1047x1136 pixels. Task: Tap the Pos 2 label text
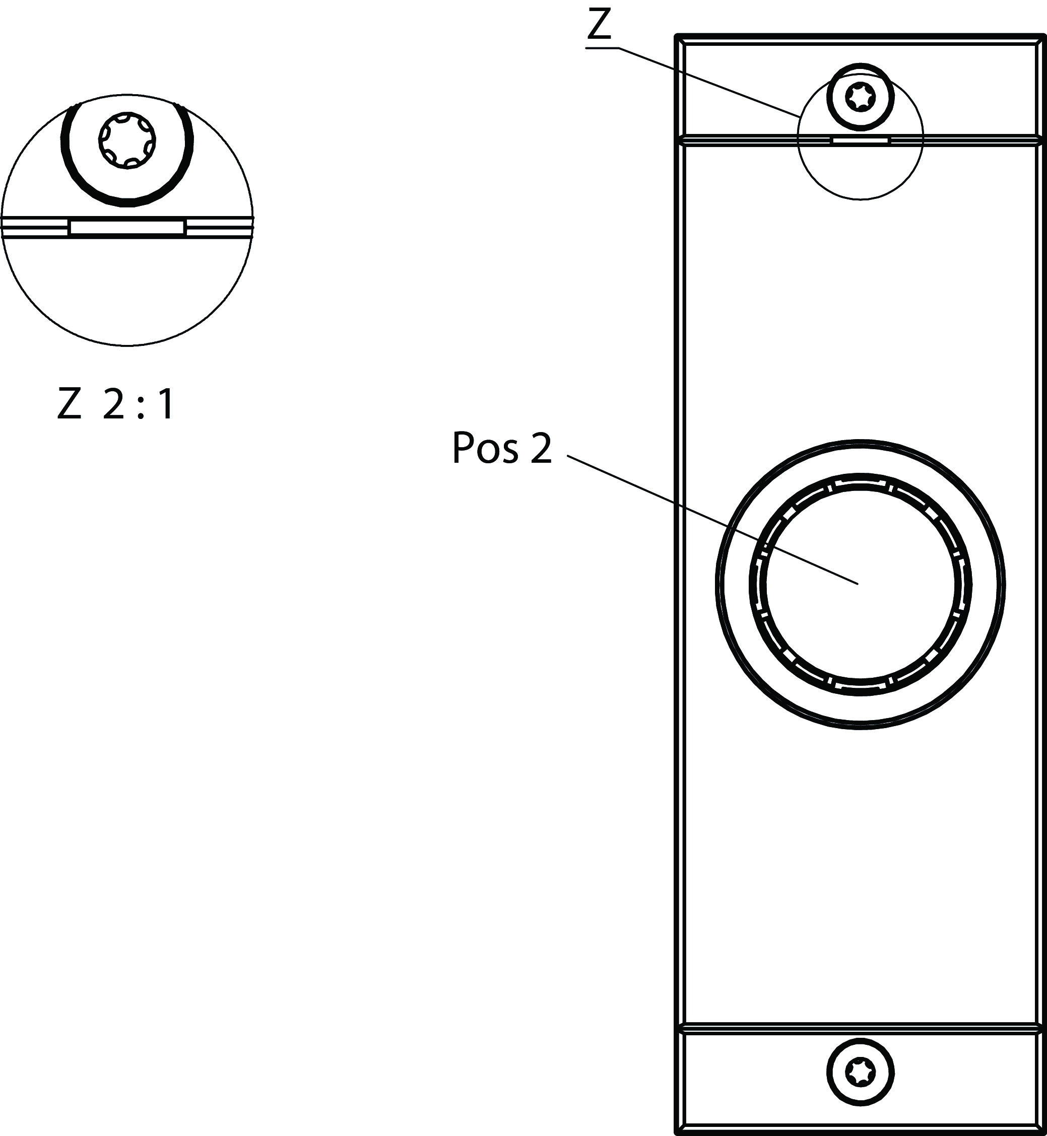tap(502, 449)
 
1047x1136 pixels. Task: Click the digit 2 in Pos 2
tap(541, 449)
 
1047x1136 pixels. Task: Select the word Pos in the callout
tap(485, 449)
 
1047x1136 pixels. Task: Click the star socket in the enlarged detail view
tap(127, 139)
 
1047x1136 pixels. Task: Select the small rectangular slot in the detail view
tap(126, 228)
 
